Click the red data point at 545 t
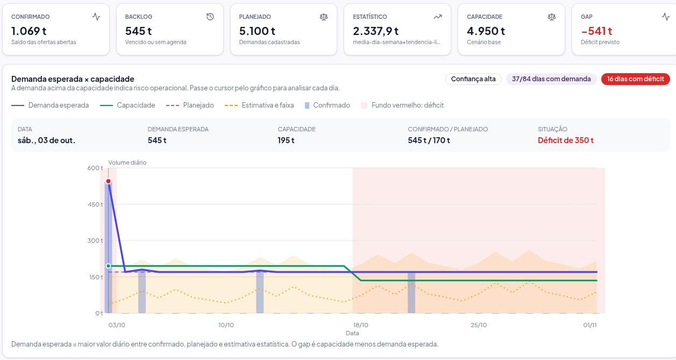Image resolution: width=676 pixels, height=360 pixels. click(108, 181)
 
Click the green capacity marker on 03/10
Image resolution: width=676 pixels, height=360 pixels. click(108, 266)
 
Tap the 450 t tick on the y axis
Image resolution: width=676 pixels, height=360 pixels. click(95, 204)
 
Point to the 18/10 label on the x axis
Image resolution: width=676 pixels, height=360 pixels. click(361, 325)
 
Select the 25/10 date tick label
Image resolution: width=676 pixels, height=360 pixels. click(479, 325)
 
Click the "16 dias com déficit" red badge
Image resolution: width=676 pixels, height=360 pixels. click(635, 79)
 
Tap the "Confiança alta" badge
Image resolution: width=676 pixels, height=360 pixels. click(473, 79)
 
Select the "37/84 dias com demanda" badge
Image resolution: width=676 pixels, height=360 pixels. click(551, 79)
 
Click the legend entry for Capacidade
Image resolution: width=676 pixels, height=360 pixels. click(127, 105)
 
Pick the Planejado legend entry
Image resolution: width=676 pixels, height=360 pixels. click(190, 105)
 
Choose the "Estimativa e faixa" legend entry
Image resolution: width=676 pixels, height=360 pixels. click(259, 105)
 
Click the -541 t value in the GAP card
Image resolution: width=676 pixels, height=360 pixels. click(596, 31)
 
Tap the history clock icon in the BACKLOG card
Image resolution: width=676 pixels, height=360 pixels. click(210, 17)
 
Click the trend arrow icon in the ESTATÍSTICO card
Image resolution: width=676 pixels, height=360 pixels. click(438, 17)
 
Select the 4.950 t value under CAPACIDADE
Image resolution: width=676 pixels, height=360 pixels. click(486, 31)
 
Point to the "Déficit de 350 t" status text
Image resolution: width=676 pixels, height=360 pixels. click(566, 140)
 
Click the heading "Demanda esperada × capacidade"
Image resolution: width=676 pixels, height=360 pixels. click(73, 79)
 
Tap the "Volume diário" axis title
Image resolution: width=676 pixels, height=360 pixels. click(127, 163)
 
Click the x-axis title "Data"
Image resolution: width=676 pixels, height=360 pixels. click(352, 333)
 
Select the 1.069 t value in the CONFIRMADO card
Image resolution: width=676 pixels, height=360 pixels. click(29, 31)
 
